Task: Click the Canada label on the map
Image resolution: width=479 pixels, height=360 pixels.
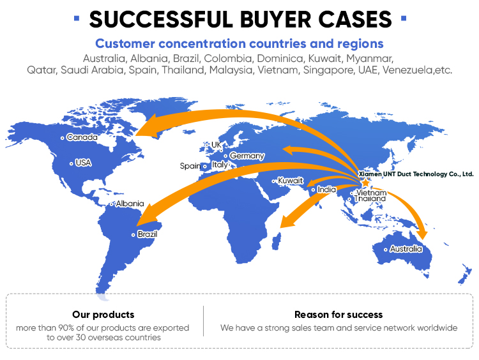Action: pos(82,137)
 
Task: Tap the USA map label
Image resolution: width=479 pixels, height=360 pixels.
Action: pos(83,163)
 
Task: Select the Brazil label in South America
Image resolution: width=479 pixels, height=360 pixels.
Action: pos(148,234)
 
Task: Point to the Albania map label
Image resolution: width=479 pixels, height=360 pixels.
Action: pos(130,204)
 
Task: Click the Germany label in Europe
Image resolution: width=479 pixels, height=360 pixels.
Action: pos(247,156)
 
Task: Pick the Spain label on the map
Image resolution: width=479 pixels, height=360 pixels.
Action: pos(190,166)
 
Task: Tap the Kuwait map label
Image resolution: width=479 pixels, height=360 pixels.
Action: pos(290,181)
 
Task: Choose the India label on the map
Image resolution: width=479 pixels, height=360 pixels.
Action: pos(326,190)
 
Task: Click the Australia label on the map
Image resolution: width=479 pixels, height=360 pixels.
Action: pos(406,249)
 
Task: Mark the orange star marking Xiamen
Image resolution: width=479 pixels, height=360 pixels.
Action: pos(365,183)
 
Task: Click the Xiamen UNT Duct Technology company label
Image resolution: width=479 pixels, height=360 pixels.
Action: pos(416,174)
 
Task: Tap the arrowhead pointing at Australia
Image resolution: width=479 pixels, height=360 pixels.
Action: pos(423,234)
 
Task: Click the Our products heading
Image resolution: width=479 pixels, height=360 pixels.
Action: pos(103,315)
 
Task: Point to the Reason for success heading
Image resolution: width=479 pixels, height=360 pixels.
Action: pos(338,315)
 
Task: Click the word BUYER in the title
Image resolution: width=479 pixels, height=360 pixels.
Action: pos(276,20)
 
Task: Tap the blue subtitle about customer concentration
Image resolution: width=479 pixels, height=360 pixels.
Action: pos(240,43)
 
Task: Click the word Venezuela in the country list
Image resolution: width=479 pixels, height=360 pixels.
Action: pos(407,70)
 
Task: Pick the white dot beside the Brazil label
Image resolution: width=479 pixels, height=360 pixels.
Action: pos(133,235)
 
